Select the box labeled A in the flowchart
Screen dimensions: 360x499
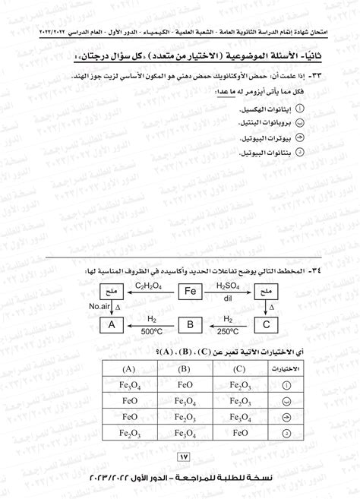(x=112, y=324)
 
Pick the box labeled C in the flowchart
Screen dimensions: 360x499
(x=265, y=324)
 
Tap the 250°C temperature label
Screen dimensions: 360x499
(x=227, y=331)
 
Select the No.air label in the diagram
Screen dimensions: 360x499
(x=101, y=306)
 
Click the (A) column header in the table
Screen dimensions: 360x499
(x=130, y=369)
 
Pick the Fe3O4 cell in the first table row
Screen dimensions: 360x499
(x=130, y=384)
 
